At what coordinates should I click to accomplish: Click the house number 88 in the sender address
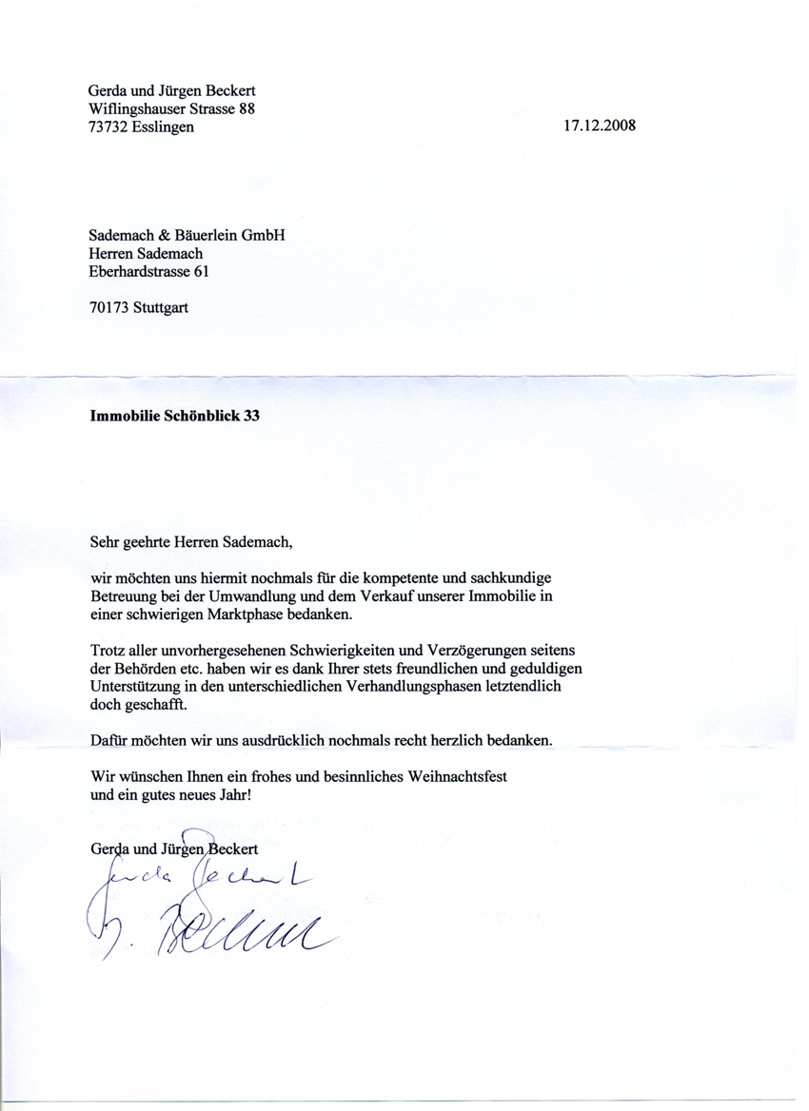click(247, 108)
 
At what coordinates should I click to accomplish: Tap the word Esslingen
click(163, 127)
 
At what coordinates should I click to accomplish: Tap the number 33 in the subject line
click(251, 415)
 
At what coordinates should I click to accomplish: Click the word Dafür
click(109, 740)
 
